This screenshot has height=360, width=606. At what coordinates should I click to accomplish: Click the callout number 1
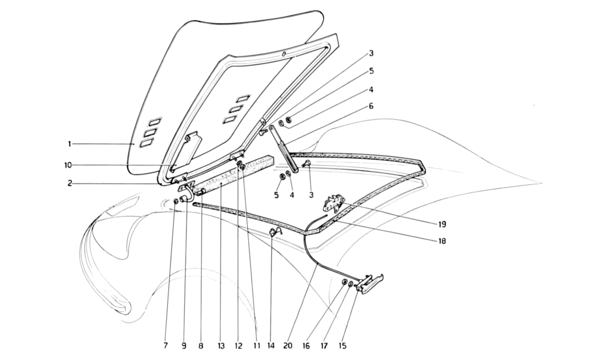click(x=70, y=144)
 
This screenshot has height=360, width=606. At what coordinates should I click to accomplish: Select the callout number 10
click(x=68, y=166)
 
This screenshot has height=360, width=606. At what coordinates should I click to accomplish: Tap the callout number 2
click(x=70, y=183)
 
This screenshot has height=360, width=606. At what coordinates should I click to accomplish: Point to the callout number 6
click(x=371, y=106)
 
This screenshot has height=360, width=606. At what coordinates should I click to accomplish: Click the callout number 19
click(x=442, y=224)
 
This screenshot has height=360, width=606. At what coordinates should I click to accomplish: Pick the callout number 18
click(x=442, y=241)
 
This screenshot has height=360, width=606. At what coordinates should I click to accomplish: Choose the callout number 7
click(x=165, y=346)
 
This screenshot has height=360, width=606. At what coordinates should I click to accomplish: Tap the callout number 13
click(x=221, y=346)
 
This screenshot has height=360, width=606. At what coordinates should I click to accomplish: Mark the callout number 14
click(x=270, y=346)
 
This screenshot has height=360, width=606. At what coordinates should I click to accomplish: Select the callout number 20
click(x=288, y=346)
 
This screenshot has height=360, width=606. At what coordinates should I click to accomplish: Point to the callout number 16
click(x=306, y=346)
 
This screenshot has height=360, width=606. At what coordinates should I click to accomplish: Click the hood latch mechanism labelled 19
click(x=332, y=202)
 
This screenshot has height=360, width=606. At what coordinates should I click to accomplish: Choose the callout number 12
click(x=238, y=346)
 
